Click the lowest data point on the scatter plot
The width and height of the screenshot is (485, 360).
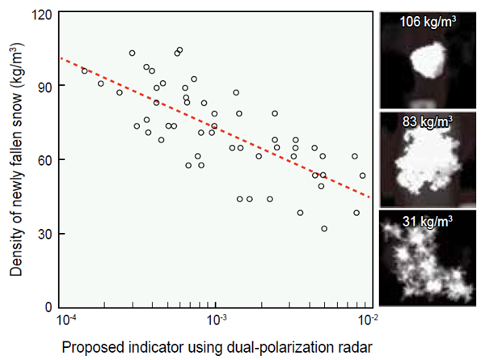[324, 229]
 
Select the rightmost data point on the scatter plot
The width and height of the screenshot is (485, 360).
[362, 176]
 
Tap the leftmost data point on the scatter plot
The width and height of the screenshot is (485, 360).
[84, 71]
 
